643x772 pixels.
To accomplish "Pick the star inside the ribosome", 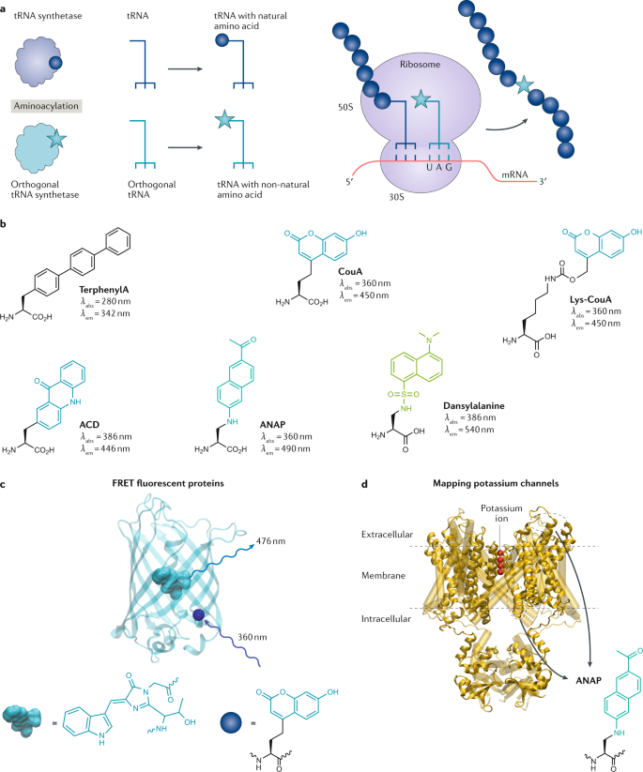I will pos(422,98).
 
